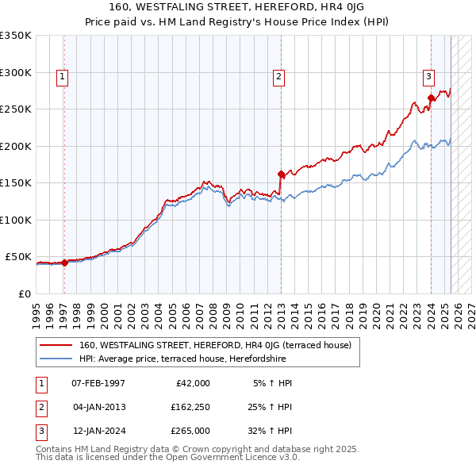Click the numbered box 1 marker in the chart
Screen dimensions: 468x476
pos(62,77)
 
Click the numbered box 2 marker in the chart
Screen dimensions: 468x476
pos(279,77)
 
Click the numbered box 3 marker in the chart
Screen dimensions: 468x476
pos(428,77)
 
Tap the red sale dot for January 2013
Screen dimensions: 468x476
pos(281,174)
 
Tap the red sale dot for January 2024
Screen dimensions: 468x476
pos(431,98)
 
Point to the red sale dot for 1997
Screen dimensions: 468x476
pos(64,263)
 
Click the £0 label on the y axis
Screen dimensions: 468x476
pos(24,293)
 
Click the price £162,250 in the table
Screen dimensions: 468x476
pos(190,407)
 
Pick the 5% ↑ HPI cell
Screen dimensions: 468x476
pos(272,383)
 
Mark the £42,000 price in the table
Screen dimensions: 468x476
pos(192,383)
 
